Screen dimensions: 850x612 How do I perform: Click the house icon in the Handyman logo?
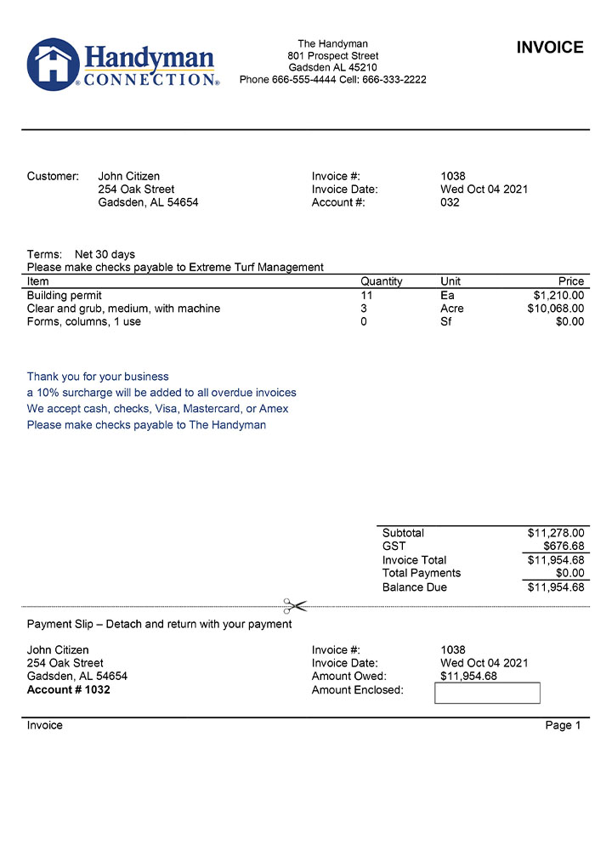coord(53,65)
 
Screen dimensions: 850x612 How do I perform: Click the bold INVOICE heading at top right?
coord(550,48)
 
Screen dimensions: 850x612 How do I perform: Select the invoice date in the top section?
coord(484,190)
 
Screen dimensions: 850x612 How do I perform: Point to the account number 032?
coord(450,202)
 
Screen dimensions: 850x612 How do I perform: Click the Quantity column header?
coord(381,281)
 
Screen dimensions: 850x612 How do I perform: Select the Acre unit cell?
coord(451,309)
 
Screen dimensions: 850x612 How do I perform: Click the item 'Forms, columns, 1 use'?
coord(84,322)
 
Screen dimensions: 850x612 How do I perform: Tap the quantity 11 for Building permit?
coord(366,296)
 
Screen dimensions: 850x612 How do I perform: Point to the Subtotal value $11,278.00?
coord(555,533)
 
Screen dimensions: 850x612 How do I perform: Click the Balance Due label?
coord(414,587)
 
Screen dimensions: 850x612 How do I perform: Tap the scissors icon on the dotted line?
coord(294,606)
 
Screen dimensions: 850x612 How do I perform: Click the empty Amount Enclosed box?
coord(487,693)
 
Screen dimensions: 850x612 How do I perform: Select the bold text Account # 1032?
coord(69,689)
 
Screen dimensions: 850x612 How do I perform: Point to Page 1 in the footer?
coord(563,725)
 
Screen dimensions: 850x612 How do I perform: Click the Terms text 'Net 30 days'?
coord(105,254)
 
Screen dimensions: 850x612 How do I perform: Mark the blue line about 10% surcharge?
coord(161,393)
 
